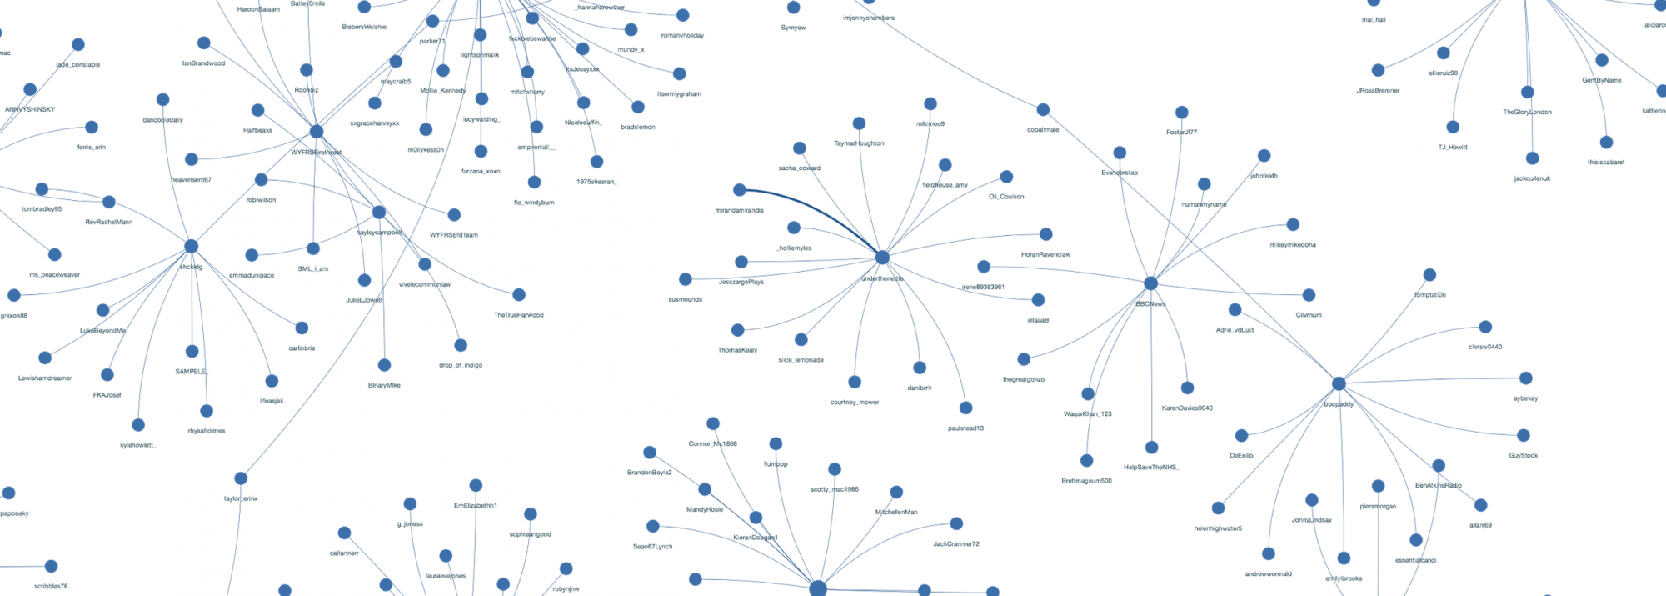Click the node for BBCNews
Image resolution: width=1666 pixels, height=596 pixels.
tap(1150, 283)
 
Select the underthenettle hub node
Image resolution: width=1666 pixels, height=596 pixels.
tap(882, 257)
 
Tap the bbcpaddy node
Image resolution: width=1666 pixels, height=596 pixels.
tap(1339, 383)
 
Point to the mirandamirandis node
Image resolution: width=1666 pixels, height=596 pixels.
tap(740, 190)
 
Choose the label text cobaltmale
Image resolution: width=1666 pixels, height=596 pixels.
tap(1043, 130)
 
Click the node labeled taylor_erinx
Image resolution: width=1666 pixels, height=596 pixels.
tap(241, 478)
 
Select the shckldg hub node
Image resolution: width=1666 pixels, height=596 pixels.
tap(192, 246)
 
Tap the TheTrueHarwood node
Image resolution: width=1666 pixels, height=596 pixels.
tap(519, 294)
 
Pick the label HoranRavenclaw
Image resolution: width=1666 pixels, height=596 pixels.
tap(1045, 254)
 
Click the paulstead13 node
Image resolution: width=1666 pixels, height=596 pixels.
tap(966, 408)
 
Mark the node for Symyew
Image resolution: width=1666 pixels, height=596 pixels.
tap(794, 8)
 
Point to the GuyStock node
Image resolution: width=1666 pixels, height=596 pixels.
tap(1524, 435)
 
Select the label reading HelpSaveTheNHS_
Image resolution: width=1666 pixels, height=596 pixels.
tap(1151, 468)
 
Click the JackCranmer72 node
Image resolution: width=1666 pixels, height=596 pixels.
tap(956, 523)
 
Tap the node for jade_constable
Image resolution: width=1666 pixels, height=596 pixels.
tap(78, 44)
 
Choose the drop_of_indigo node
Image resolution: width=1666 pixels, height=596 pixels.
tap(461, 345)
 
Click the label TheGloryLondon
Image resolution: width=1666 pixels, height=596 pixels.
tap(1527, 112)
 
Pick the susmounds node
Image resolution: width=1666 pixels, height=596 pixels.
tap(686, 279)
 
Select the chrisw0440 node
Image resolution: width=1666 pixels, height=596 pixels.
tap(1485, 327)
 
